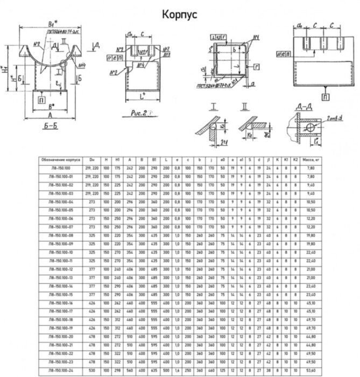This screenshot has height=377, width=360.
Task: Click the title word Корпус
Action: point(179,15)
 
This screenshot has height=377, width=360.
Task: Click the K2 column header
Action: point(295,160)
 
